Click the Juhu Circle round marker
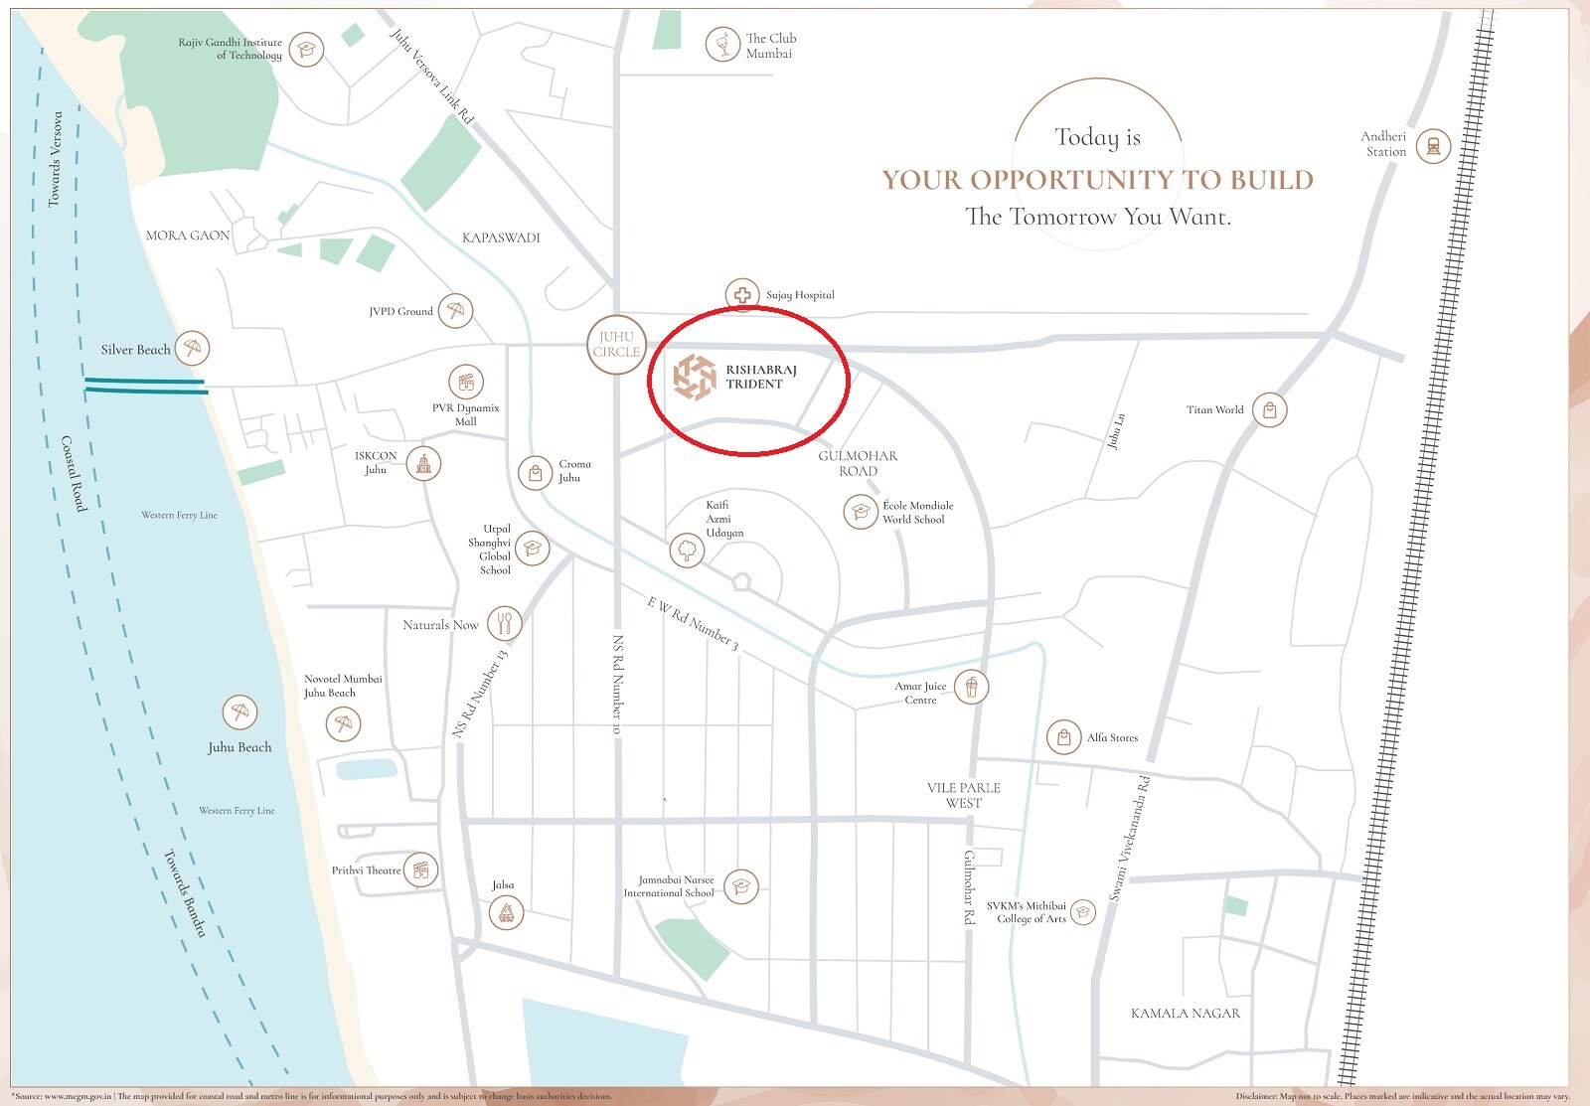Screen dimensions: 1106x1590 click(616, 345)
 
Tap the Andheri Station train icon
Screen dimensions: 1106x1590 click(1433, 146)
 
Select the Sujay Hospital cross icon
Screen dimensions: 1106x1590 click(741, 295)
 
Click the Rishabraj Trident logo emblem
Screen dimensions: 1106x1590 click(695, 378)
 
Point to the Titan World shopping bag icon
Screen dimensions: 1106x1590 click(1269, 409)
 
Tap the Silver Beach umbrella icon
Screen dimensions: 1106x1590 click(193, 348)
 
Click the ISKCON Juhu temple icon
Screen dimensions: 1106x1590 click(423, 463)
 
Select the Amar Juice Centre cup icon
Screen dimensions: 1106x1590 click(971, 687)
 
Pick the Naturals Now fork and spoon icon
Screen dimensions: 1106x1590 click(505, 624)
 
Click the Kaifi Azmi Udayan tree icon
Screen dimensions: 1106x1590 click(686, 550)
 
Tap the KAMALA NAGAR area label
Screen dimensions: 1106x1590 click(1186, 1014)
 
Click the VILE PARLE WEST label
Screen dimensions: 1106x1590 click(963, 795)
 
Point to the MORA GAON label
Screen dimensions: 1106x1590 click(187, 236)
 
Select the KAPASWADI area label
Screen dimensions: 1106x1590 click(501, 237)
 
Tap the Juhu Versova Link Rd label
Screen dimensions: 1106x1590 click(431, 78)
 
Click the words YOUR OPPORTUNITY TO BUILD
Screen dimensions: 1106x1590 click(1097, 180)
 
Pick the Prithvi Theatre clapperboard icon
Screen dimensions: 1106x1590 click(421, 870)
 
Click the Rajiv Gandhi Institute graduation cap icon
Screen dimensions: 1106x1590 click(307, 49)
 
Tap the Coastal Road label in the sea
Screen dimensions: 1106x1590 click(74, 474)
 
